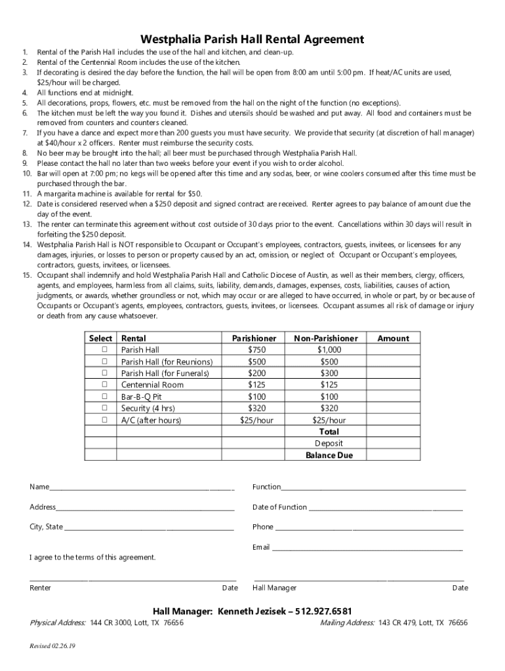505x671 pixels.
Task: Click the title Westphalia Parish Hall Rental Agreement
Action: (x=253, y=39)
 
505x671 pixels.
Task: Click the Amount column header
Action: (x=393, y=338)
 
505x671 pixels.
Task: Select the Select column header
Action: (x=100, y=338)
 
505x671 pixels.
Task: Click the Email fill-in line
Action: (x=367, y=548)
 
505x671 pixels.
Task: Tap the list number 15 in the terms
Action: (x=27, y=275)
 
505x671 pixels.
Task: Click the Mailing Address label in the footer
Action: (x=346, y=623)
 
